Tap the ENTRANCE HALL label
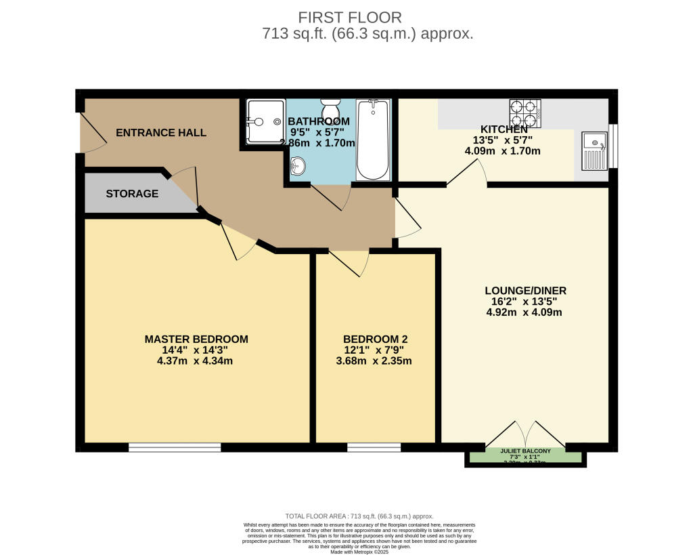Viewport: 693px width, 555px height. [161, 132]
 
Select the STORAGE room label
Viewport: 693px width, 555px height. [132, 194]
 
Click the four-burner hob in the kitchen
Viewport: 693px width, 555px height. [525, 113]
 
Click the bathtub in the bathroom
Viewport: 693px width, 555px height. [373, 140]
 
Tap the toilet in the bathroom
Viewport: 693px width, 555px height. [331, 110]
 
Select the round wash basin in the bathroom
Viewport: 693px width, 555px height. [298, 165]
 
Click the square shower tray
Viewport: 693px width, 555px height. [264, 121]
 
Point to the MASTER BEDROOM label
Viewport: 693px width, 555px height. [196, 339]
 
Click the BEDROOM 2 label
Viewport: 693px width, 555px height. [376, 339]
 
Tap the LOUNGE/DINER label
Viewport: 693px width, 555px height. [524, 291]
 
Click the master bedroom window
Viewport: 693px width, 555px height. [175, 447]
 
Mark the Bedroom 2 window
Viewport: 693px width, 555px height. [374, 447]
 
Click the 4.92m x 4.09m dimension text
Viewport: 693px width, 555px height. [524, 312]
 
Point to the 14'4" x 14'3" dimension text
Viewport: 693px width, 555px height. [196, 350]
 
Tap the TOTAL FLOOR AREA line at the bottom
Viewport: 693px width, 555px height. [359, 516]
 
